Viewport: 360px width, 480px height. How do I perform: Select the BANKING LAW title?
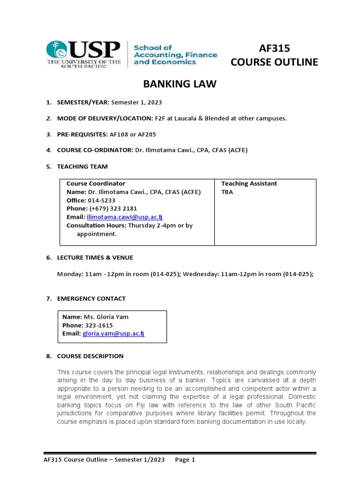(180, 84)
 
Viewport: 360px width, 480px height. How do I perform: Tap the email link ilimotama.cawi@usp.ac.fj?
(124, 217)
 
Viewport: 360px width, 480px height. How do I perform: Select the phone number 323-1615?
(98, 325)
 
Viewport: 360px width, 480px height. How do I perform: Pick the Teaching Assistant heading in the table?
(249, 184)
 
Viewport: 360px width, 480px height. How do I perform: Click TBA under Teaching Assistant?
(227, 192)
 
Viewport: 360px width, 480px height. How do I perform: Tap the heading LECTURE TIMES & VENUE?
(95, 257)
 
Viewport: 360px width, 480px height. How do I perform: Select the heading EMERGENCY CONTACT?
(91, 299)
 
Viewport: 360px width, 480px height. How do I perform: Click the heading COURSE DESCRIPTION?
(90, 356)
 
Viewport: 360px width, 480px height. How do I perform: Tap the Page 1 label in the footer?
(185, 460)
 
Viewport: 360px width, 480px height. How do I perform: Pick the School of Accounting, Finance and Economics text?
(175, 55)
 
